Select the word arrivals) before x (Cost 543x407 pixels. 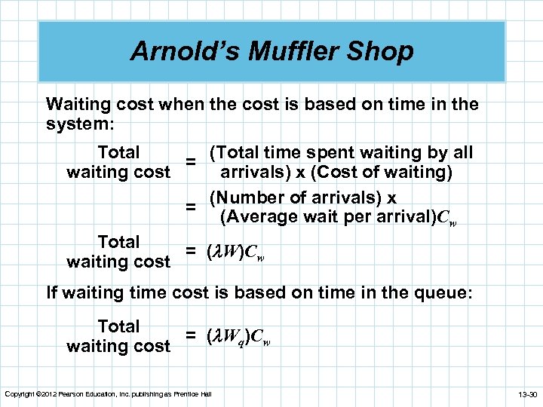[x=259, y=172]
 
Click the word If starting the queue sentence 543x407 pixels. [x=53, y=292]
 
